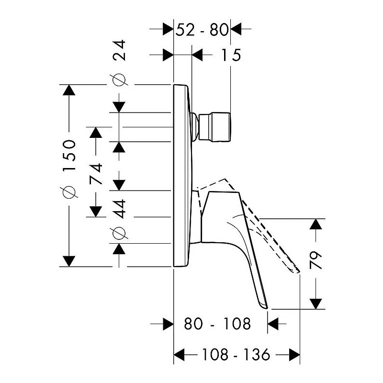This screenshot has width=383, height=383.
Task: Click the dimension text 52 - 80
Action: point(202,30)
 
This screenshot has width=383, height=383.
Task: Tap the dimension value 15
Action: point(231,55)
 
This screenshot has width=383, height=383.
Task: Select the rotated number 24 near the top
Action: point(119,50)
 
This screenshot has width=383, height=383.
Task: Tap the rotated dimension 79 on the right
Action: point(315,260)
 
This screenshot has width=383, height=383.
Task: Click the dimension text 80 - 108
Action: point(217,324)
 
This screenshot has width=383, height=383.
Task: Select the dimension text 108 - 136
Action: point(236,355)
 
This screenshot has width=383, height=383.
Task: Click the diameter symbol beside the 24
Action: point(119,79)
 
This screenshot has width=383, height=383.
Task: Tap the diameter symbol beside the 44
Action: point(119,233)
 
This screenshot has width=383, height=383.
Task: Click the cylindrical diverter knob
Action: point(214,127)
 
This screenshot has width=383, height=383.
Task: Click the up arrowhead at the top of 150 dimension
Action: point(69,90)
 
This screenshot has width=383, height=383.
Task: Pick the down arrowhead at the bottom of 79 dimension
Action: point(315,304)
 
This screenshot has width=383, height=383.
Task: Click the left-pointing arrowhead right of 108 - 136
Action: point(294,355)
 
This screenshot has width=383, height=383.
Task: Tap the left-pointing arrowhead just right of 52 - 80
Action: point(236,29)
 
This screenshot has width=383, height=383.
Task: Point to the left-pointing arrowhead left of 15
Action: point(197,55)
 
